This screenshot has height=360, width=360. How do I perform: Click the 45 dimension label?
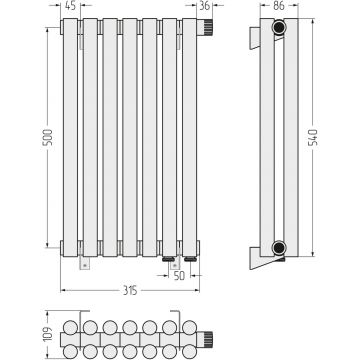click(x=70, y=6)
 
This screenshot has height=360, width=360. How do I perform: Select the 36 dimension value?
click(x=204, y=6)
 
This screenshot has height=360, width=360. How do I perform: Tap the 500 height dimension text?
click(x=48, y=138)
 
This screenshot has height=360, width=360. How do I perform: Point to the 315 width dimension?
click(x=130, y=291)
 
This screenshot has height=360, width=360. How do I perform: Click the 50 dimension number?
click(x=179, y=276)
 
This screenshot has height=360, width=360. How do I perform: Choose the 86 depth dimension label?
click(x=279, y=6)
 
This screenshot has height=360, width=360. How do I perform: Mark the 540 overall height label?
click(x=313, y=138)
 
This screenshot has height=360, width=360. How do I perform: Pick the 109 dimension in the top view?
click(x=49, y=334)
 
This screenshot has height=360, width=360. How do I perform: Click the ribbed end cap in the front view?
click(x=205, y=27)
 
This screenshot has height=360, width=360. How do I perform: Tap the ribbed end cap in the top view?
click(x=205, y=339)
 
